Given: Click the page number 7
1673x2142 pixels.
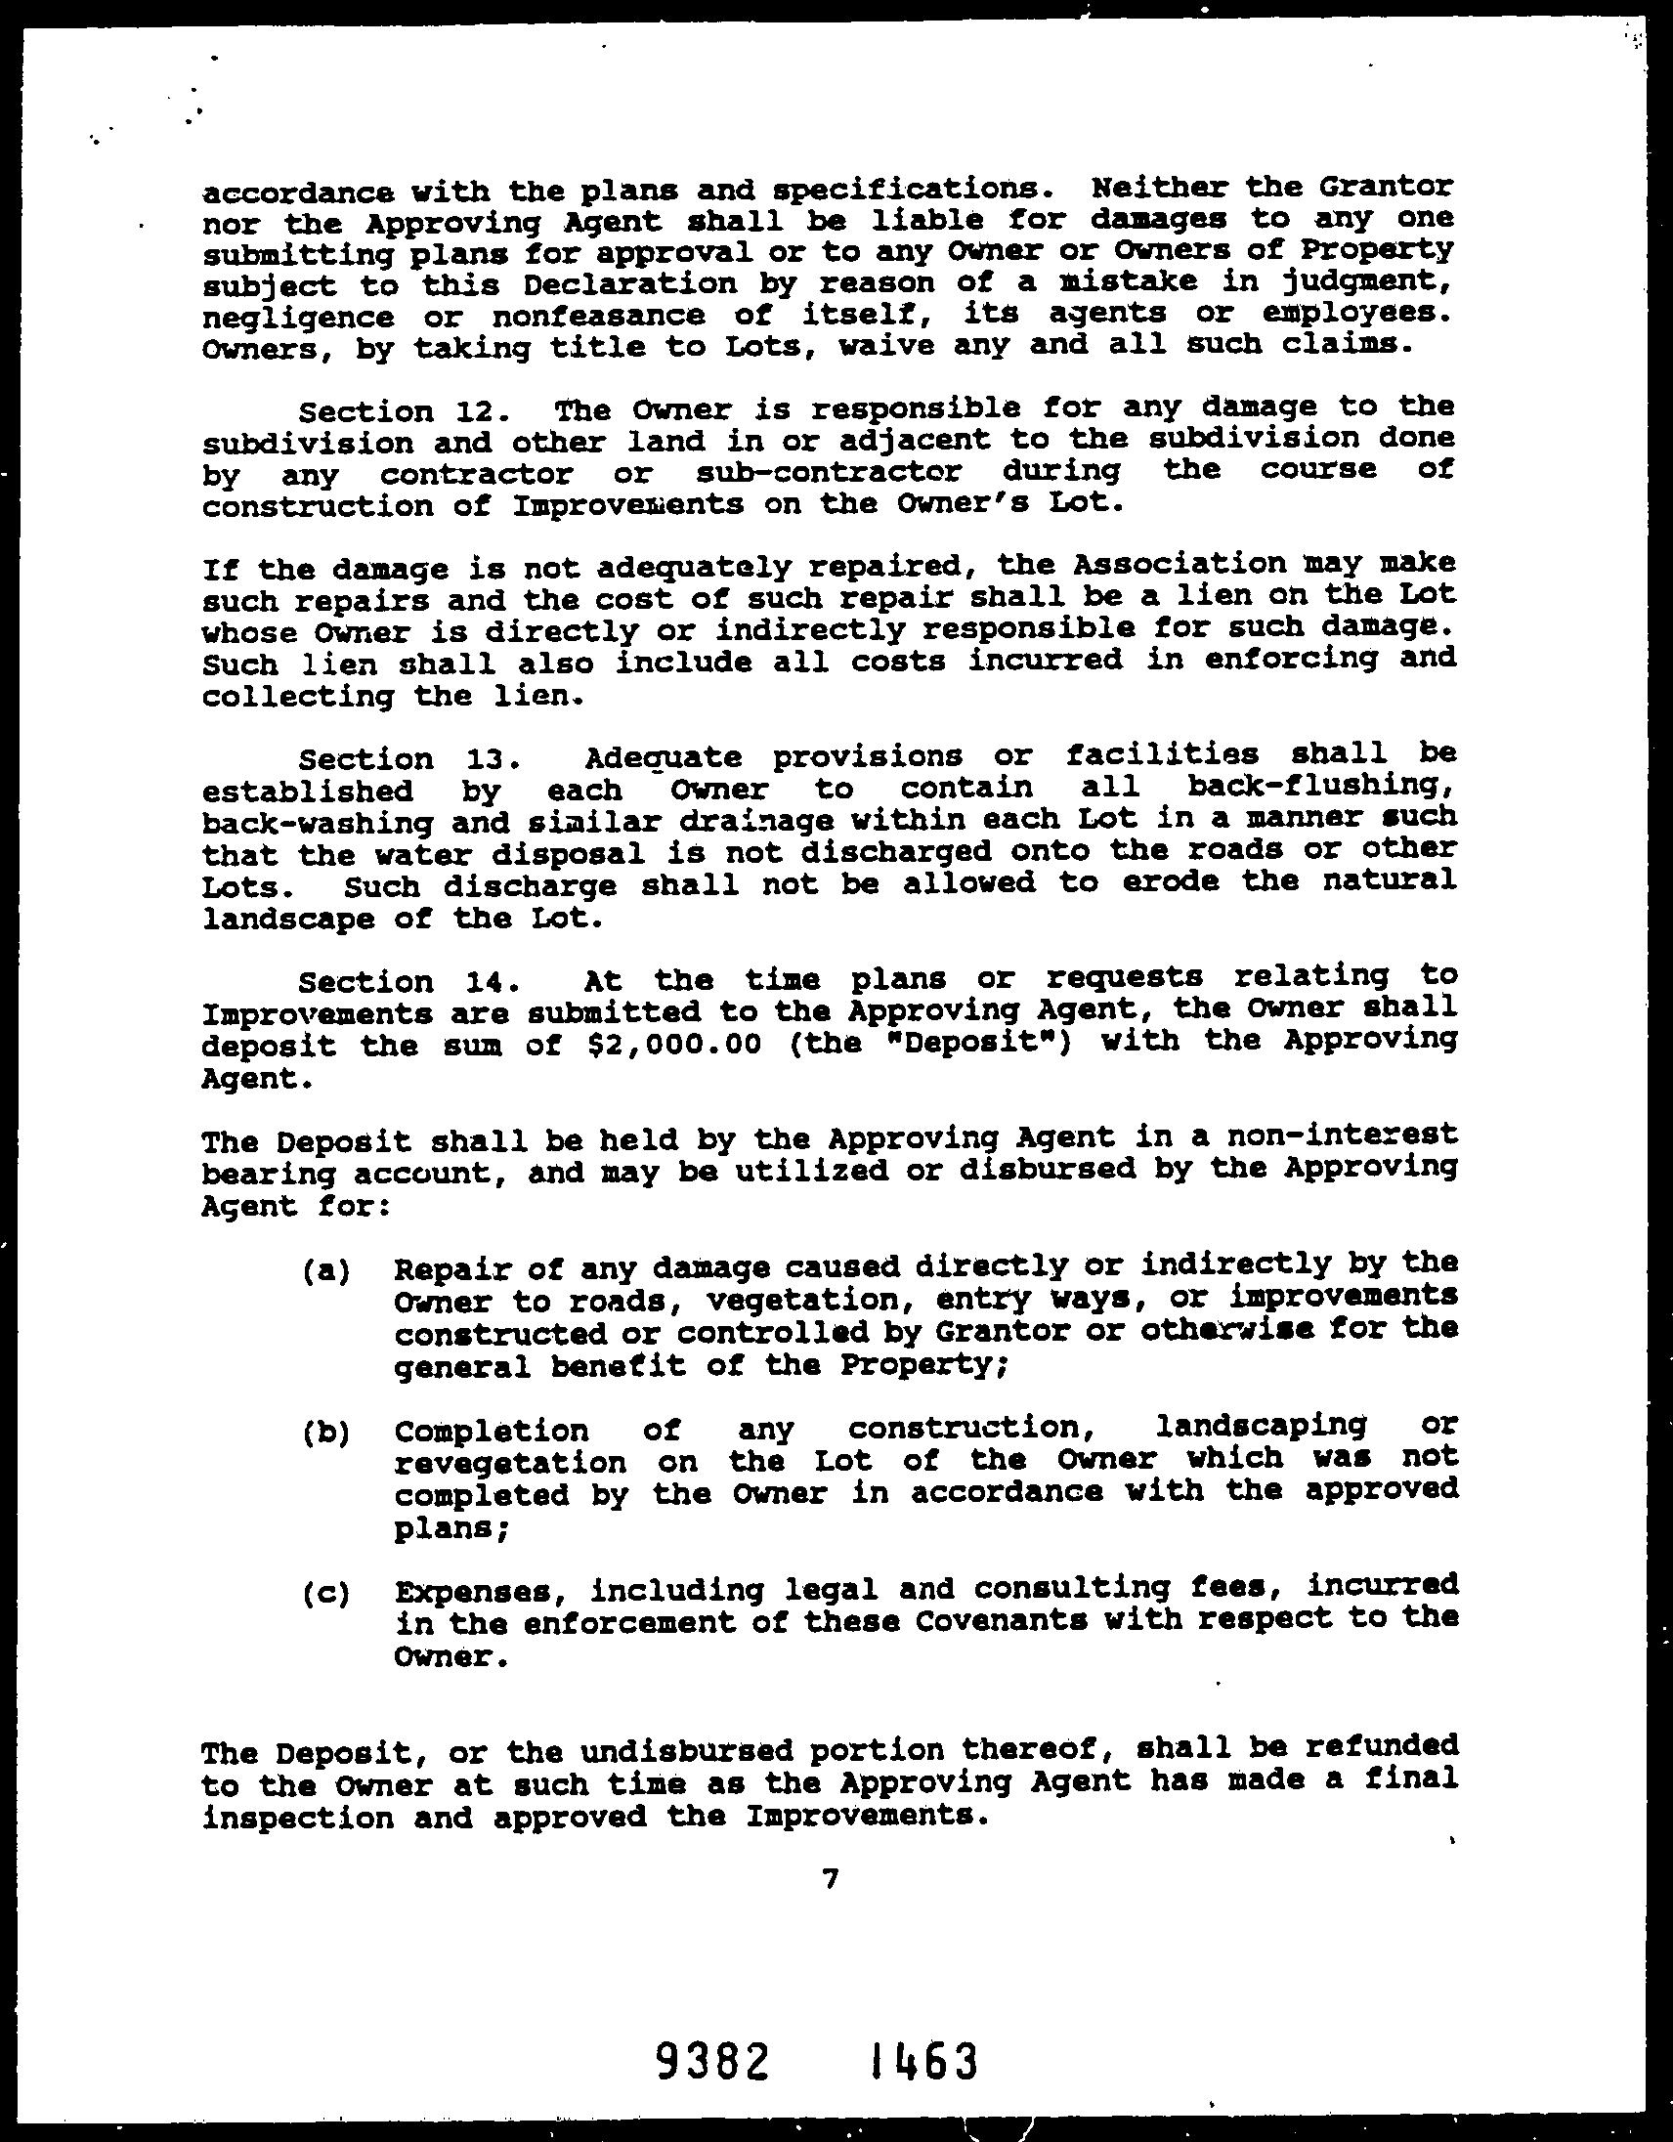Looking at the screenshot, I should pyautogui.click(x=831, y=1878).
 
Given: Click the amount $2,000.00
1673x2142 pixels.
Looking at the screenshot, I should pyautogui.click(x=673, y=1044).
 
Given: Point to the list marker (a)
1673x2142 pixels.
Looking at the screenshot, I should pyautogui.click(x=325, y=1271).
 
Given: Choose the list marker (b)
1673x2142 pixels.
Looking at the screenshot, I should pyautogui.click(x=325, y=1433).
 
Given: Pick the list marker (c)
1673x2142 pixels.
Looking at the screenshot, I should pyautogui.click(x=325, y=1594).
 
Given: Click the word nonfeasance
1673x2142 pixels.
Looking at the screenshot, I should pyautogui.click(x=597, y=317).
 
